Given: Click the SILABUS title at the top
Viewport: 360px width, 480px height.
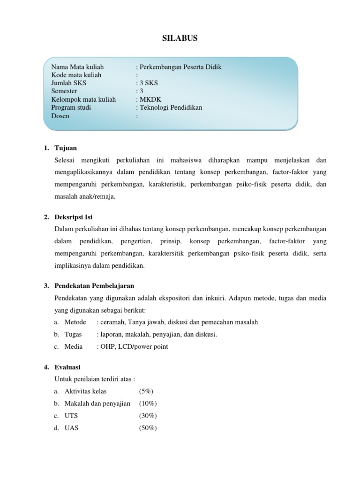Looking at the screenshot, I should pos(180,38).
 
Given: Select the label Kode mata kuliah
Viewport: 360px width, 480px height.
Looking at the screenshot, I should pos(76,75).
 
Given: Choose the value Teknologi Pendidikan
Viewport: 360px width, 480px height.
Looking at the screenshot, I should pos(171,107).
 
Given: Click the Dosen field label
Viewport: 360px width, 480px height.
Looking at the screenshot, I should pos(60,116).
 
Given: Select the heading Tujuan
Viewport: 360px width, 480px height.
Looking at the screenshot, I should pos(66,148).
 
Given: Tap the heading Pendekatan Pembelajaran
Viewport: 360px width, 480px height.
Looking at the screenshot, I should pos(94,285).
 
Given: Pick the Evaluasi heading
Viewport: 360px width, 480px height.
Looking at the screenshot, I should pos(67,367).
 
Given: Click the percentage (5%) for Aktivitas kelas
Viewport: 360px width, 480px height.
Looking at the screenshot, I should pos(146,391).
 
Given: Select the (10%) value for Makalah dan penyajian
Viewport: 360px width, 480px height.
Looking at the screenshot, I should pos(148,404).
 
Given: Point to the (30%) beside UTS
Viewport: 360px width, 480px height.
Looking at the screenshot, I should pos(148,416).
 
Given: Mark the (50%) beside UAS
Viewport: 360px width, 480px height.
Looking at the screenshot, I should pos(148,428).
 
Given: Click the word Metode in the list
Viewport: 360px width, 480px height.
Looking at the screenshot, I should pos(75,322).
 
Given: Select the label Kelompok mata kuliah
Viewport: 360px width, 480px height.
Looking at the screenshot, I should pos(83,99).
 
